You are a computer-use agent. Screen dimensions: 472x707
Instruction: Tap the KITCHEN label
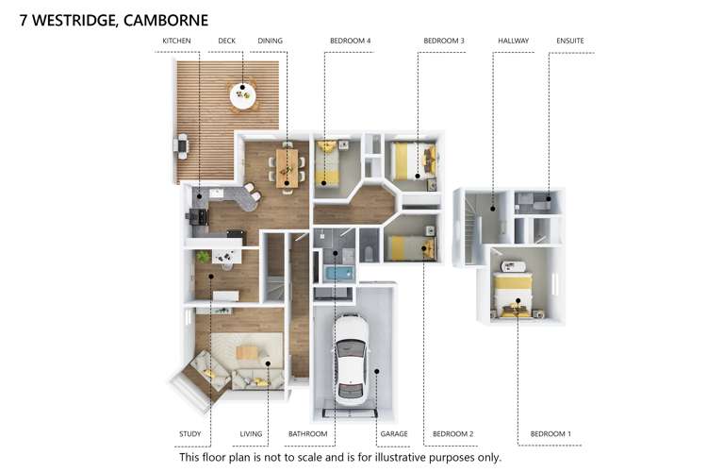point(177,42)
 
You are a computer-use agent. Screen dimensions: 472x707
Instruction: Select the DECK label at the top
point(226,42)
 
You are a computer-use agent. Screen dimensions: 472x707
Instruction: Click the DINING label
point(270,42)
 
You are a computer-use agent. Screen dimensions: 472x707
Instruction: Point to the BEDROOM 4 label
point(350,42)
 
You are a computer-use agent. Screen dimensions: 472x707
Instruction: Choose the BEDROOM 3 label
point(443,42)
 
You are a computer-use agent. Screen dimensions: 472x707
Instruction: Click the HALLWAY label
point(513,42)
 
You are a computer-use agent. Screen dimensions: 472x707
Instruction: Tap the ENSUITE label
point(570,42)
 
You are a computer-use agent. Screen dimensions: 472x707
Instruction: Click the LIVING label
point(251,434)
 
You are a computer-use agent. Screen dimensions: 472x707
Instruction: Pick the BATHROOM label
point(307,434)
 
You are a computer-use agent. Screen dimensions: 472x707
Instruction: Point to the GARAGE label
point(393,434)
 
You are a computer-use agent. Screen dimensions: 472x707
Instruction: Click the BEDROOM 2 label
point(452,434)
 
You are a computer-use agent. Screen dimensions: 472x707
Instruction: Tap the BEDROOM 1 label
point(551,434)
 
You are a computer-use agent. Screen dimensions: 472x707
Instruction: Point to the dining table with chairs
point(287,161)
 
